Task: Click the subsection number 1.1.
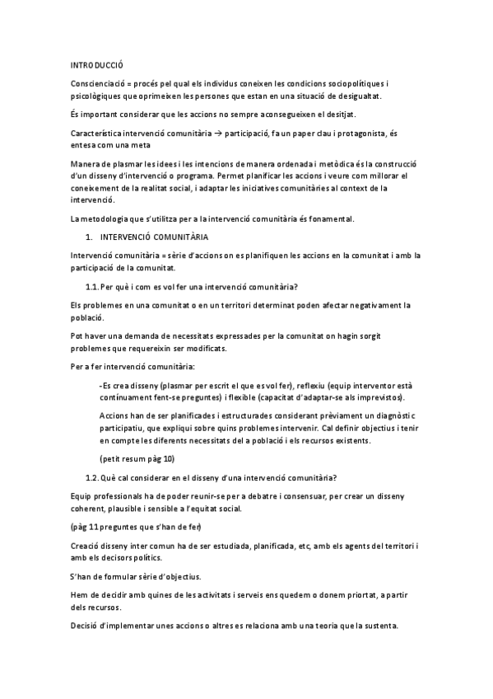click(91, 287)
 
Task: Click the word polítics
click(154, 557)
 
